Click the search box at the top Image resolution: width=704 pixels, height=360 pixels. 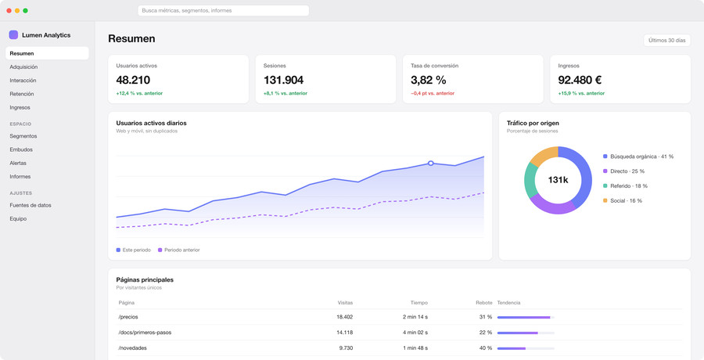223,10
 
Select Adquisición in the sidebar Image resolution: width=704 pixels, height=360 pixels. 23,67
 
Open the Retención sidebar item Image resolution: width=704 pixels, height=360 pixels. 22,94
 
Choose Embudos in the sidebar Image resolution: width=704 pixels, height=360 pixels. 21,149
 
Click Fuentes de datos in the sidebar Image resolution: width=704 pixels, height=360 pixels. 31,205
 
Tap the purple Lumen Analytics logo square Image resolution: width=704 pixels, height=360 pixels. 13,35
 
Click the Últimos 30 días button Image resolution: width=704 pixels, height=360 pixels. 666,41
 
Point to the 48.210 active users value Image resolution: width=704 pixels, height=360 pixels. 133,80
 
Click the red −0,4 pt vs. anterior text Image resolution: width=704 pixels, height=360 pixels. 433,93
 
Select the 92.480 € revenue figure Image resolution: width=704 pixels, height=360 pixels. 580,80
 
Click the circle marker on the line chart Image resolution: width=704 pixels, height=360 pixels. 430,163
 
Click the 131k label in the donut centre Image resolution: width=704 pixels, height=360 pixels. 558,180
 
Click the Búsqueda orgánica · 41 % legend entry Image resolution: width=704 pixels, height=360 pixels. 638,157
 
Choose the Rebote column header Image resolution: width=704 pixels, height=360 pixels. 484,303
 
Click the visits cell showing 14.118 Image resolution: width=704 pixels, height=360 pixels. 344,333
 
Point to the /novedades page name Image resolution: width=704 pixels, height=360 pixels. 132,348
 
